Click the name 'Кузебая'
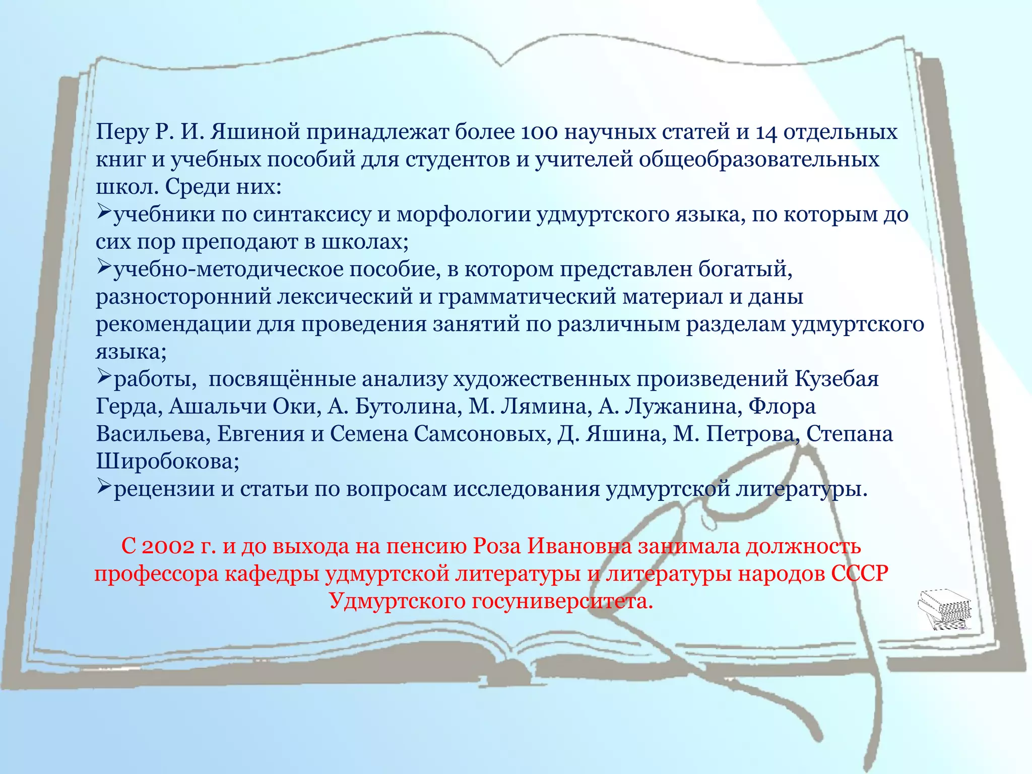click(836, 379)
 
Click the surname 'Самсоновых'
click(482, 434)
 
